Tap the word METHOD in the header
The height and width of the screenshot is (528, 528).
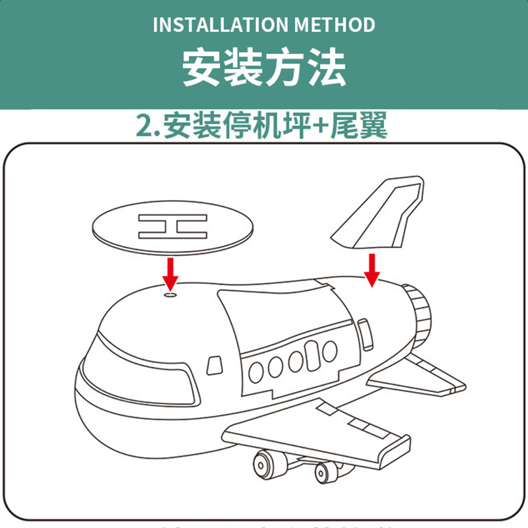click(x=336, y=25)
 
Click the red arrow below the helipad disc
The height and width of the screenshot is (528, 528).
click(x=172, y=273)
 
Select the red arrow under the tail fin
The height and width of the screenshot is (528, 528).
click(x=373, y=269)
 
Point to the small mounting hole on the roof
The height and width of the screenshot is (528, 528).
click(x=172, y=295)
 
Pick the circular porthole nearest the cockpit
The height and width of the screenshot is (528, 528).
click(x=257, y=372)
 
